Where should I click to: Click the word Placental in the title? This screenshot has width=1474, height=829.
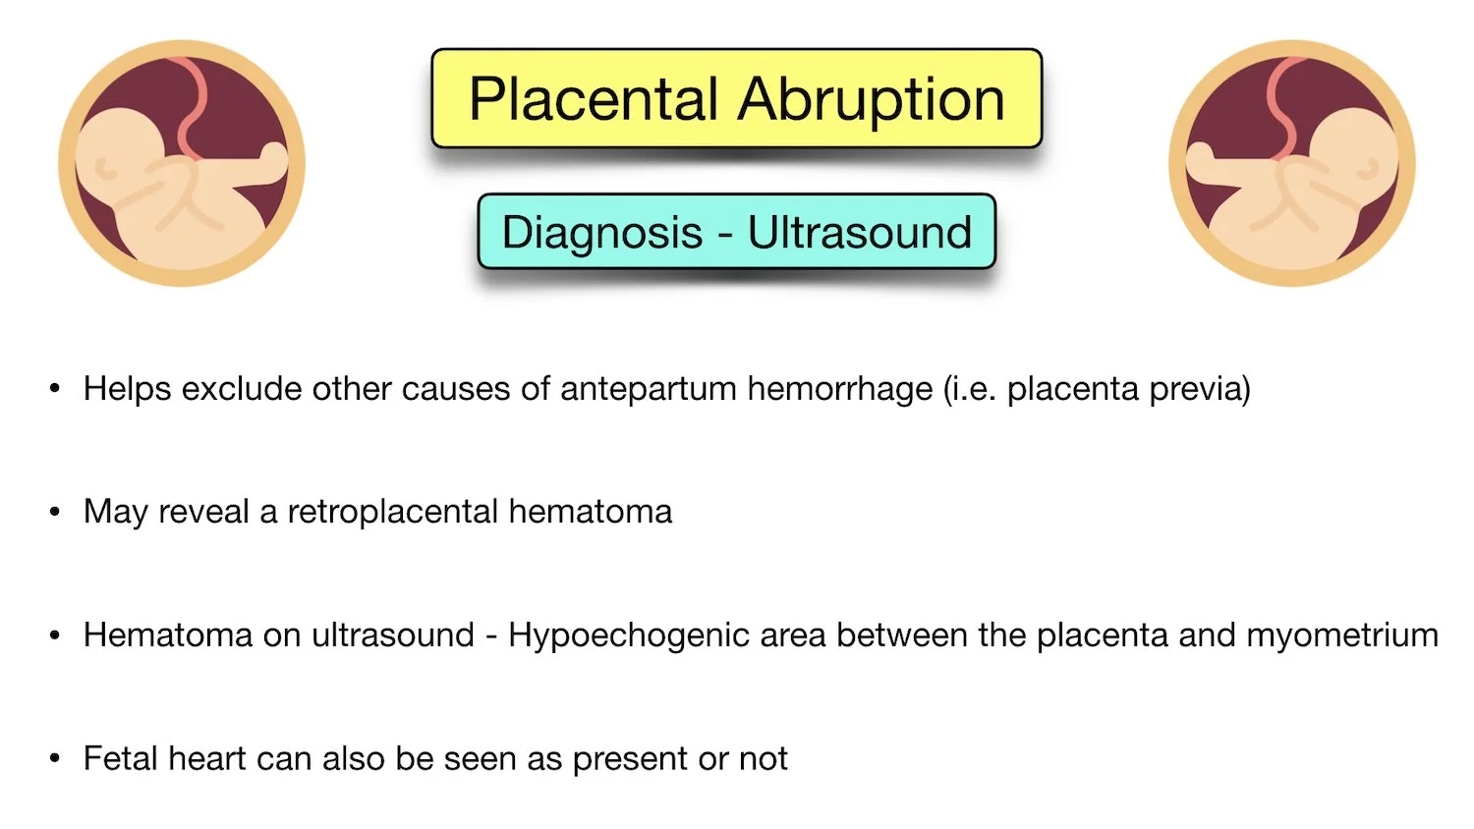click(594, 99)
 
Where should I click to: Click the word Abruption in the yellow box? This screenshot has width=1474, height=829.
click(872, 99)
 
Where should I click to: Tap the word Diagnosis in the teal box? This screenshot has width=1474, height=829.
click(601, 233)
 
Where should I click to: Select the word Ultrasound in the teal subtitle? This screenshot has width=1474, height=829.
click(860, 233)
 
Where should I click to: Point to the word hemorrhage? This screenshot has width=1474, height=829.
click(839, 389)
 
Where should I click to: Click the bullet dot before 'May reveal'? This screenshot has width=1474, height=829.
click(55, 512)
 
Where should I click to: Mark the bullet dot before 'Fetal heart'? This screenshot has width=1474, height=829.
click(55, 758)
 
